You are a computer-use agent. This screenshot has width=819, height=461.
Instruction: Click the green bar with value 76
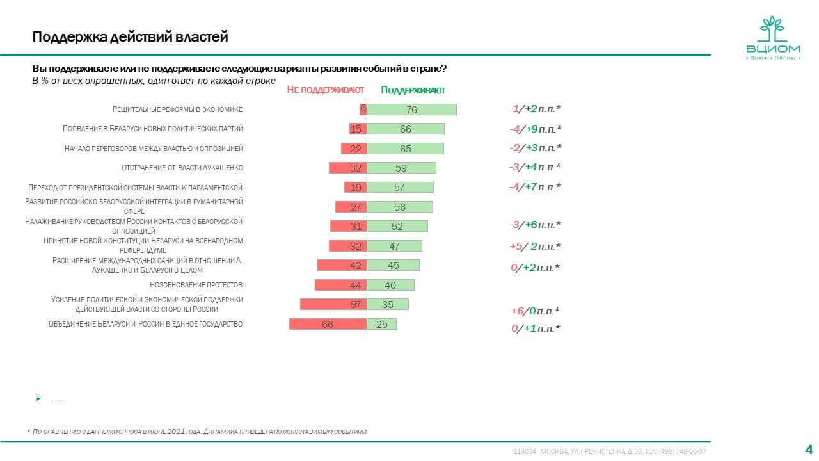(411, 109)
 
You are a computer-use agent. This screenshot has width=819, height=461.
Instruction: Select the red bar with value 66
(328, 324)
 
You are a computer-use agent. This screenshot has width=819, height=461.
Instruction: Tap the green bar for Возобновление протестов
(390, 285)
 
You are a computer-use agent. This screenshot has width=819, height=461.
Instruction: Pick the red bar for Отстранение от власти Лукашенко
(347, 168)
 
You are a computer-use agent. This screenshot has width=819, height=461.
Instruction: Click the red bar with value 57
(333, 305)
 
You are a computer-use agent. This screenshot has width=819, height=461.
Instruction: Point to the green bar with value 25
(381, 324)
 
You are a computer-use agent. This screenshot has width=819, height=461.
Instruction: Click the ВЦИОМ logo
(773, 39)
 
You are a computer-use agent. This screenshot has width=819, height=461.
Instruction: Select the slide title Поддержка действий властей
(131, 37)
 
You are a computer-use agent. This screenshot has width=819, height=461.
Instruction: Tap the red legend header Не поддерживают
(326, 90)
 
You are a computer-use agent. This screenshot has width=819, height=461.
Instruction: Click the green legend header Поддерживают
(413, 90)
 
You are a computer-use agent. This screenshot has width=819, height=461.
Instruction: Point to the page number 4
(808, 448)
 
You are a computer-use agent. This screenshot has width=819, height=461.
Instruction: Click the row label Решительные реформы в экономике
(178, 109)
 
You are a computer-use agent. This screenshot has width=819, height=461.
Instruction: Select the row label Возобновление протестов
(196, 285)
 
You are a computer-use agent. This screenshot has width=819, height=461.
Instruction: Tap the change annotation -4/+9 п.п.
(535, 129)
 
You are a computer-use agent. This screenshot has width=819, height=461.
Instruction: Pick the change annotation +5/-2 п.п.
(535, 246)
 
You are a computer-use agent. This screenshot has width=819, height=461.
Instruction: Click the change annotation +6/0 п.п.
(535, 311)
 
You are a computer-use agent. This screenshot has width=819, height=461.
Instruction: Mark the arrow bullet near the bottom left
(38, 398)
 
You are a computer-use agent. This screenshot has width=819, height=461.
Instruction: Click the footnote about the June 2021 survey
(197, 432)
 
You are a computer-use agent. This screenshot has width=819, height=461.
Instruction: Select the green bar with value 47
(394, 246)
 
